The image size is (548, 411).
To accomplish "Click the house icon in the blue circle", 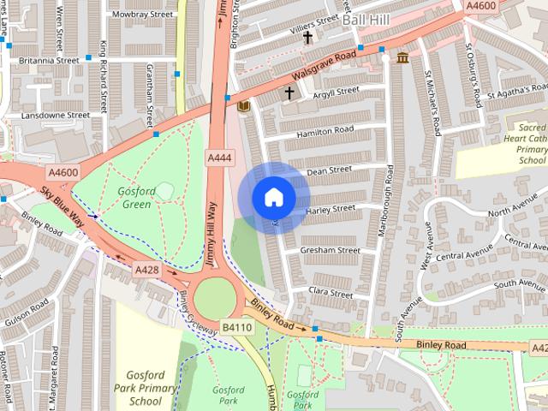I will [273, 198].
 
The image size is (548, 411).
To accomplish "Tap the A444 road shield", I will [219, 158].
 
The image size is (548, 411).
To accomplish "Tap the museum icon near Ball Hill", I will [402, 57].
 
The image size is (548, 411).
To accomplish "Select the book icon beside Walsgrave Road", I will [243, 105].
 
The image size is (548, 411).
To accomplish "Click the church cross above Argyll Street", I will [289, 92].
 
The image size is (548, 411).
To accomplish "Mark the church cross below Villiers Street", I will [307, 38].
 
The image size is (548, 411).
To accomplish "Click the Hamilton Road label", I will [325, 128].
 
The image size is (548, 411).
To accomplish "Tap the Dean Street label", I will [329, 170].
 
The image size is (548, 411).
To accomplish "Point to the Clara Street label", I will [331, 293].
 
